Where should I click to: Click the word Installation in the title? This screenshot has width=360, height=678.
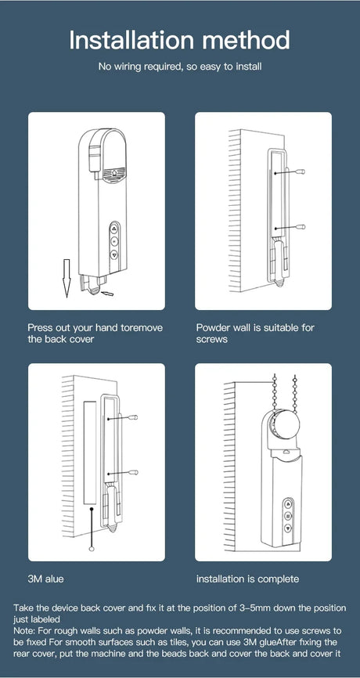pyautogui.click(x=131, y=40)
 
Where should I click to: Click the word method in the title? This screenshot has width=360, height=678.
pyautogui.click(x=247, y=40)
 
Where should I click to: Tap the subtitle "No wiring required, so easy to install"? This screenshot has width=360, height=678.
pyautogui.click(x=180, y=67)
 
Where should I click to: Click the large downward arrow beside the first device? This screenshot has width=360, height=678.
pyautogui.click(x=66, y=278)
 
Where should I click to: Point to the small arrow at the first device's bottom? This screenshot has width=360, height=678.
pyautogui.click(x=106, y=294)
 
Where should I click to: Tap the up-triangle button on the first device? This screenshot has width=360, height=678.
pyautogui.click(x=114, y=229)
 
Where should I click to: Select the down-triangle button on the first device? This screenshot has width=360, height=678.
pyautogui.click(x=114, y=254)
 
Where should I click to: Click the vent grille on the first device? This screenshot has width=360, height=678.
pyautogui.click(x=114, y=172)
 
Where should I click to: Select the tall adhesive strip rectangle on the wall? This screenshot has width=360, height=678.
pyautogui.click(x=89, y=453)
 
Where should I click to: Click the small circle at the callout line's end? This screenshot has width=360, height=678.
pyautogui.click(x=92, y=549)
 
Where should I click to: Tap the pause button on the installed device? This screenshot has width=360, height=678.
pyautogui.click(x=288, y=515)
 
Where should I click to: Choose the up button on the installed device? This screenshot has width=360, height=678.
pyautogui.click(x=288, y=503)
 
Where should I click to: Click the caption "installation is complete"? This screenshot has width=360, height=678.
pyautogui.click(x=247, y=579)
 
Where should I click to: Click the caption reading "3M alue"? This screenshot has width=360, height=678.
pyautogui.click(x=45, y=579)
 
